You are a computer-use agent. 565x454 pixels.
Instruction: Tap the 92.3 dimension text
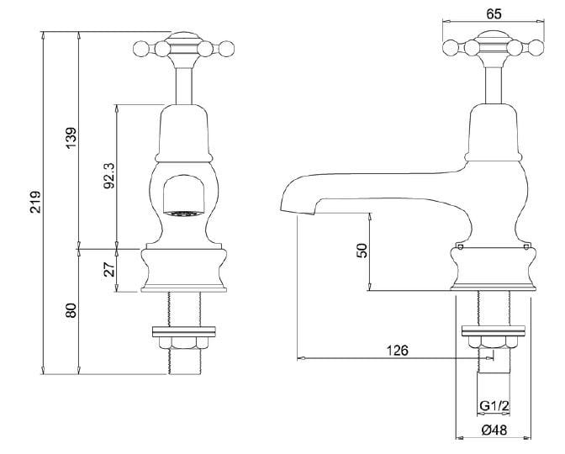click(108, 177)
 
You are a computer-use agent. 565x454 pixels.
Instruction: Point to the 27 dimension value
click(108, 270)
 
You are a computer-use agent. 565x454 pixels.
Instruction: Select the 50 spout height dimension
click(362, 251)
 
